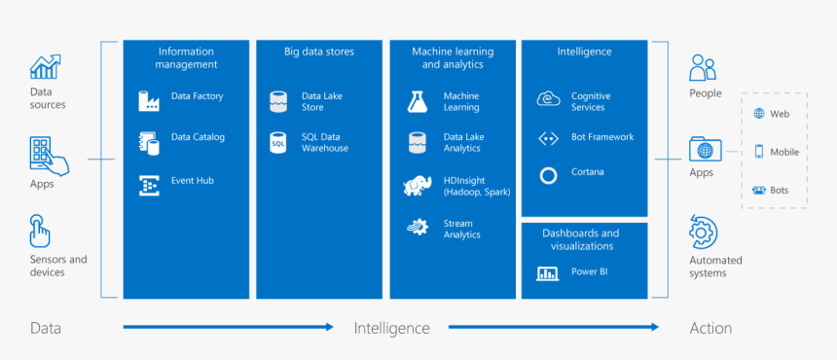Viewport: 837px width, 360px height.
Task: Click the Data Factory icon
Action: [149, 99]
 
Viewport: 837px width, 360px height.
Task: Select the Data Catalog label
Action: [198, 137]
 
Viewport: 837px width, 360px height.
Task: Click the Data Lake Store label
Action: [322, 101]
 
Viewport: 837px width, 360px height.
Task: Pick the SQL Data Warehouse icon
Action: [279, 142]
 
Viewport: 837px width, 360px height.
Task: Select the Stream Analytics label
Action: [462, 229]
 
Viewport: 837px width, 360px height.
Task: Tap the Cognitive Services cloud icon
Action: [548, 99]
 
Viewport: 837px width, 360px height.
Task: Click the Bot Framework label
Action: [602, 137]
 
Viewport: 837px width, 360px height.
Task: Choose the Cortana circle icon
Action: [548, 175]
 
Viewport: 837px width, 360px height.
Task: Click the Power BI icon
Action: [547, 272]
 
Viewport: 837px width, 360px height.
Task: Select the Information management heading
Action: [186, 57]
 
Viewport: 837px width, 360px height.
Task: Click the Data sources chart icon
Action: [46, 67]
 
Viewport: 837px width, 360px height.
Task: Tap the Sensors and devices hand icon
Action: [40, 232]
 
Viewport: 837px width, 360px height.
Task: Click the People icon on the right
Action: [703, 68]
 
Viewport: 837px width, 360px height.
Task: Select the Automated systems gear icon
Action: [703, 233]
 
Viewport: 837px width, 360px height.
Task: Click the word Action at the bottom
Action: [710, 328]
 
